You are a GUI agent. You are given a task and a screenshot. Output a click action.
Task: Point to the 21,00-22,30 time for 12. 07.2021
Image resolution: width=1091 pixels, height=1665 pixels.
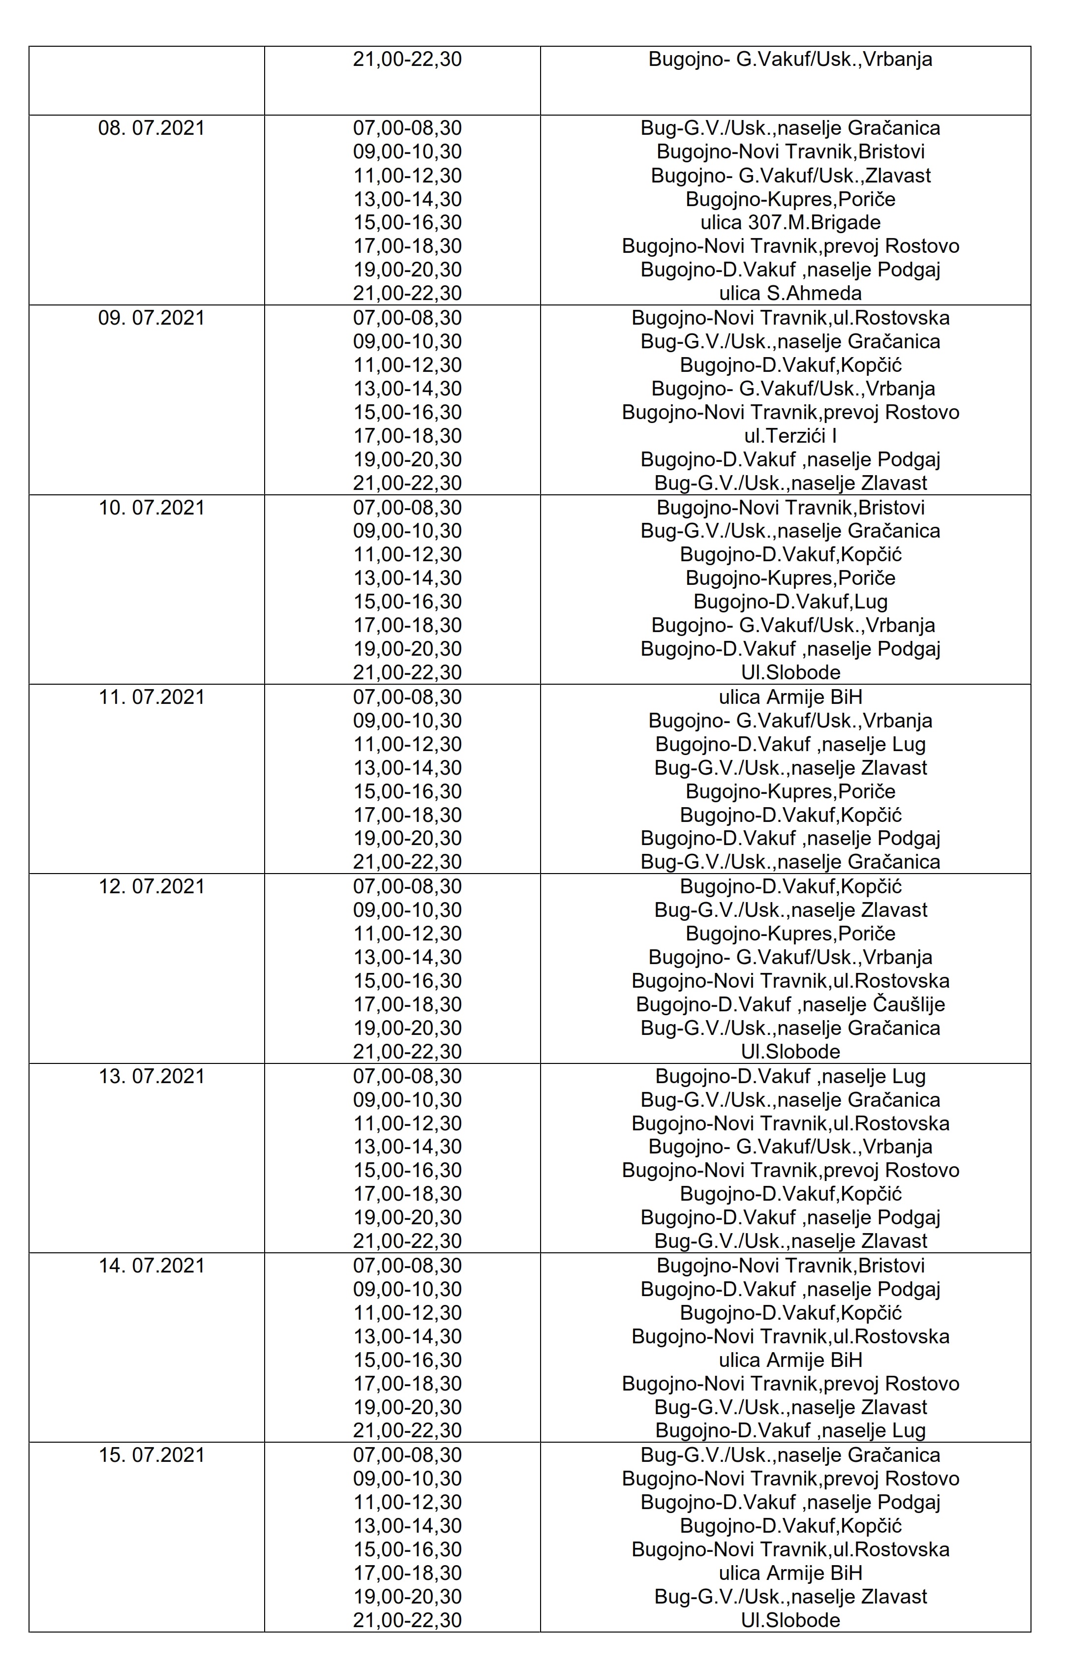pyautogui.click(x=407, y=1052)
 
